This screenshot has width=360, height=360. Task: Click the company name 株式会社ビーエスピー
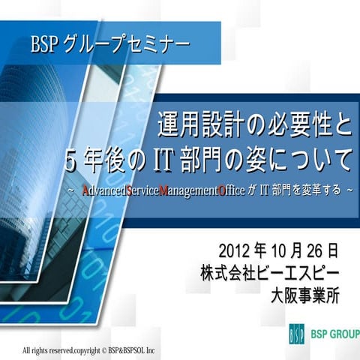(x=269, y=271)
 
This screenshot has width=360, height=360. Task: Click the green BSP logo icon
(x=296, y=333)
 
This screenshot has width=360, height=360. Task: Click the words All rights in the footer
(x=34, y=350)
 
